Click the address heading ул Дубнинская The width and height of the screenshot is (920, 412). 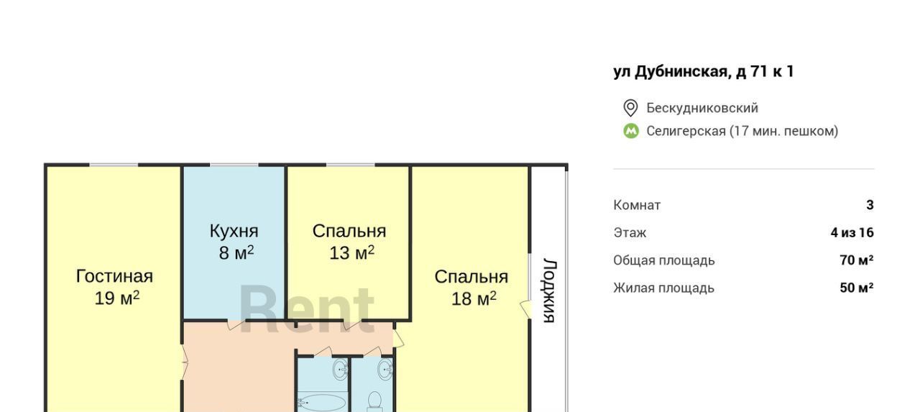[x=703, y=71]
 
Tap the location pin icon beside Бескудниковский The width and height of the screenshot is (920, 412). [x=630, y=108]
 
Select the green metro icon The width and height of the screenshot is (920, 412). [x=631, y=131]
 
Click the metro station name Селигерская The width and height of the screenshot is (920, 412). [x=686, y=131]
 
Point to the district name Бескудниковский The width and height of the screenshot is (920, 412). [x=702, y=108]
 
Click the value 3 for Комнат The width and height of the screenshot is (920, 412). [x=870, y=205]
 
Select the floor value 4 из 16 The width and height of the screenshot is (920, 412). [x=852, y=232]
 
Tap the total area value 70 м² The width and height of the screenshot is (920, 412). [x=857, y=260]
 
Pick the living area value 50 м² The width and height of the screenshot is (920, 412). [x=857, y=288]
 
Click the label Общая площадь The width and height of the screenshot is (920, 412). [x=664, y=260]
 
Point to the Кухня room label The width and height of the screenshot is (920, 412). [x=234, y=231]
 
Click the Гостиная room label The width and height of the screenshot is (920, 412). [x=114, y=276]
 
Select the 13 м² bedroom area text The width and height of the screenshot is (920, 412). [x=352, y=252]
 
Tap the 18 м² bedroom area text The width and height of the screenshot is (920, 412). [x=474, y=298]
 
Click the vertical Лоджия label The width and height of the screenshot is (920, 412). [x=550, y=290]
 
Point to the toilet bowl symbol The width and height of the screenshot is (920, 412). [x=374, y=401]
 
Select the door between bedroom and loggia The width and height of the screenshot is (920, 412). [x=526, y=309]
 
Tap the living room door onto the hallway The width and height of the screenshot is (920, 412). [x=185, y=362]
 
